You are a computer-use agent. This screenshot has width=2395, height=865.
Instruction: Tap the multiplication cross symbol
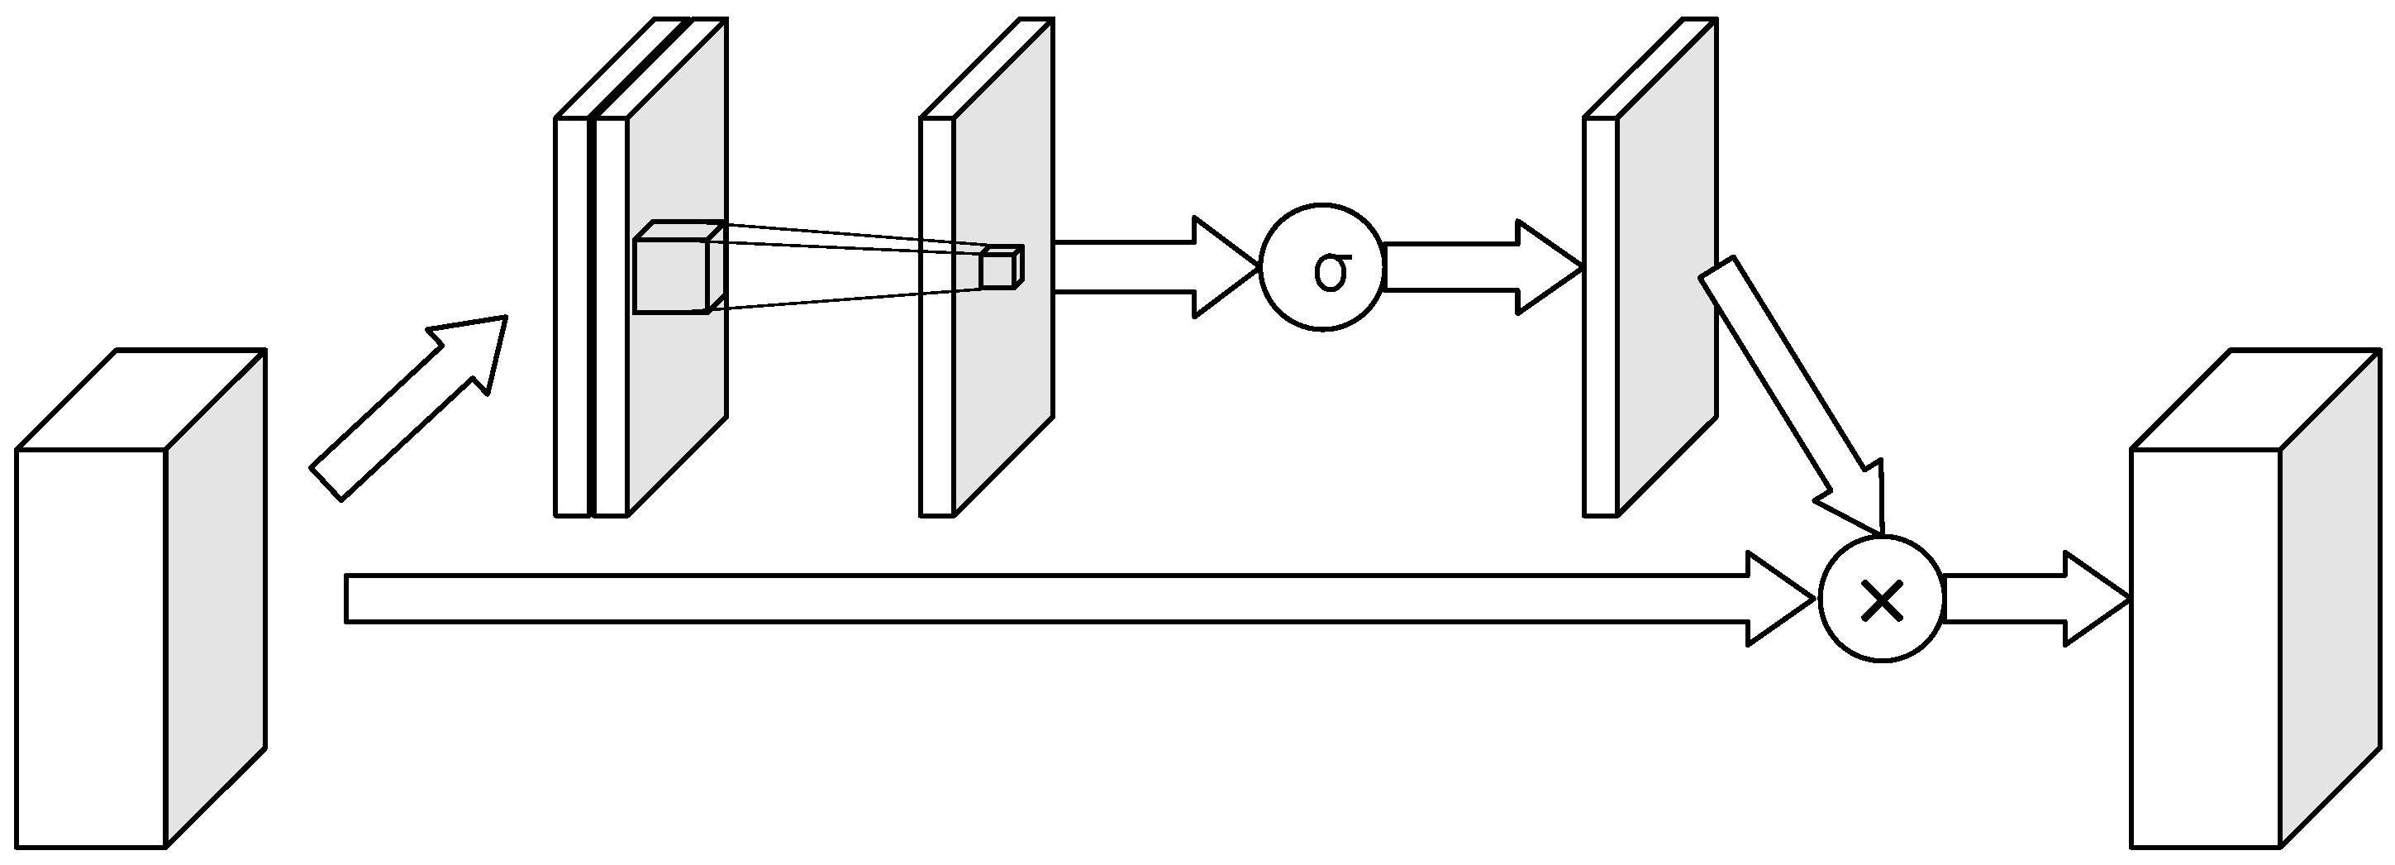(1882, 603)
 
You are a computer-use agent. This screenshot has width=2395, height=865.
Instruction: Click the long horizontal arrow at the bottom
(1023, 598)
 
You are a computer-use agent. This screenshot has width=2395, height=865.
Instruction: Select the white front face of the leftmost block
(90, 651)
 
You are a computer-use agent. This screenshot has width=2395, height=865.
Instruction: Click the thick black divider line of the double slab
(592, 316)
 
